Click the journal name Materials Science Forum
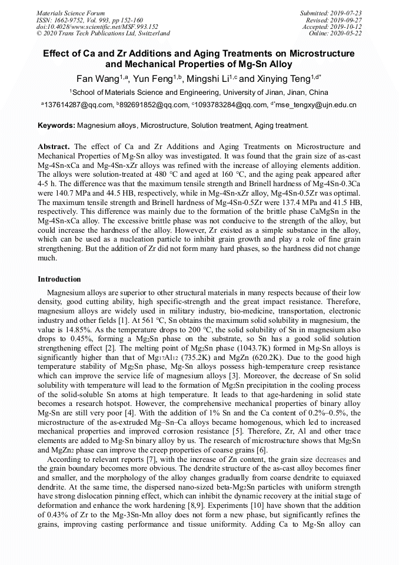click(71, 13)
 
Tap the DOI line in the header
click(97, 27)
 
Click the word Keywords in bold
click(56, 125)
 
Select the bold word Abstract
click(55, 146)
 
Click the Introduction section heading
click(59, 279)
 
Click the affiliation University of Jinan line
click(199, 92)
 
